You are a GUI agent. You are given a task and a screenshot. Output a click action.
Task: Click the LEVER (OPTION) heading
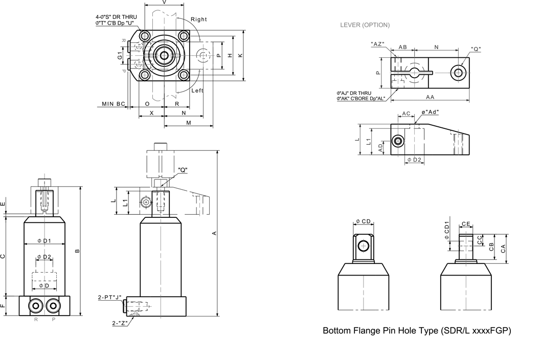365,25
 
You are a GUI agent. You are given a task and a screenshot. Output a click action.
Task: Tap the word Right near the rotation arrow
199,19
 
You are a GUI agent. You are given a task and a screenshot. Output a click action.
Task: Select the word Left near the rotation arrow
197,91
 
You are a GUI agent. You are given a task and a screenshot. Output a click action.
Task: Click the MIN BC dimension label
114,104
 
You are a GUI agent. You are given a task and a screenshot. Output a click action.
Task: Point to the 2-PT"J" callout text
110,297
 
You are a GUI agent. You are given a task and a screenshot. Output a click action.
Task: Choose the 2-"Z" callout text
120,323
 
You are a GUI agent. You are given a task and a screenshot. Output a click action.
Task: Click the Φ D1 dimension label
44,241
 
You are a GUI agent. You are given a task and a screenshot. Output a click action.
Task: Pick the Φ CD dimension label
364,221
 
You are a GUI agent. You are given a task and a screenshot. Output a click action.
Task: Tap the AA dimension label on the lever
430,97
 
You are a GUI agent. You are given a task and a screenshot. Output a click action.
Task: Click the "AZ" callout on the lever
377,44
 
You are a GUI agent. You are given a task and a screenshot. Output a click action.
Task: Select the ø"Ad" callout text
430,112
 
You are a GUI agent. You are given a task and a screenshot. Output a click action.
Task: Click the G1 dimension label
120,55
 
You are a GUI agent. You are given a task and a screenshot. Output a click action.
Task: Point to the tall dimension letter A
214,233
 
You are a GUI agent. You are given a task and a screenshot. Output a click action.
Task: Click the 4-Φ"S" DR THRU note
116,17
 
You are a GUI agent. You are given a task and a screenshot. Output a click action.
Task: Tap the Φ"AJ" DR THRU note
354,93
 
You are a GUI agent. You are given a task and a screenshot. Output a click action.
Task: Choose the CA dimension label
503,249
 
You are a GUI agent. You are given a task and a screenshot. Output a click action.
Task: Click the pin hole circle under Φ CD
364,246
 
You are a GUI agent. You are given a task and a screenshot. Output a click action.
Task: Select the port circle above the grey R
36,305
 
